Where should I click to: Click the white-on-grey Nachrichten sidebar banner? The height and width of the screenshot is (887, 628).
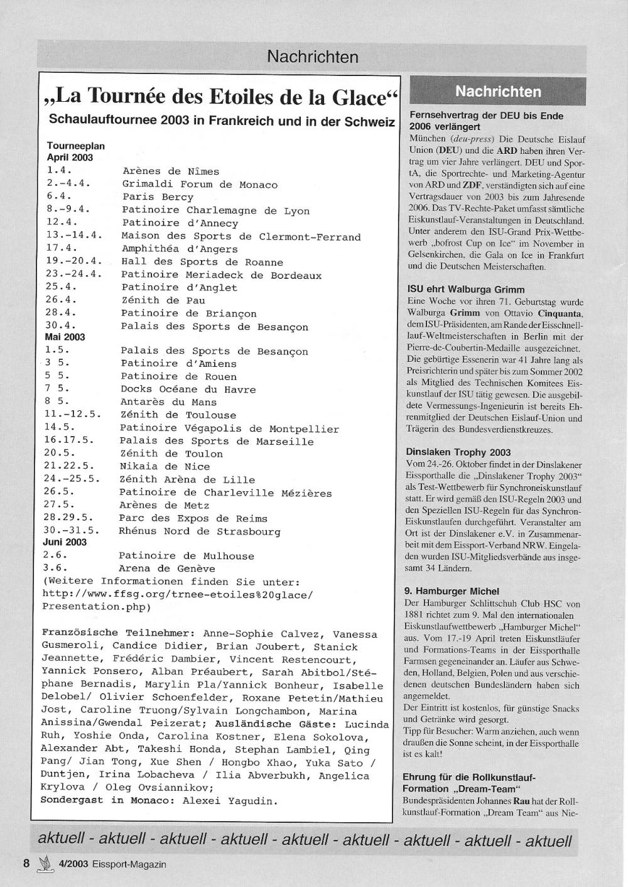(x=497, y=92)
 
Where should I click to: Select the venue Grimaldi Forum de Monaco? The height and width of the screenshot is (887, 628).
(x=200, y=185)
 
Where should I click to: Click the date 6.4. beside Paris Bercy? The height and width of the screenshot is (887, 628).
(x=59, y=197)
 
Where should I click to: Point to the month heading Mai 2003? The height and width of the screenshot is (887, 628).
(x=65, y=337)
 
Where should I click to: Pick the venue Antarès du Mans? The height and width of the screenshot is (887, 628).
(x=168, y=402)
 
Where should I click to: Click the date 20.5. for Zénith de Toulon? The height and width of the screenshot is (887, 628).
(x=60, y=454)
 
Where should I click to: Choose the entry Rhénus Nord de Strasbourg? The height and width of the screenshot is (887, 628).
(x=199, y=531)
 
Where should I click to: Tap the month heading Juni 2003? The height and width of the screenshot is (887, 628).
(x=65, y=542)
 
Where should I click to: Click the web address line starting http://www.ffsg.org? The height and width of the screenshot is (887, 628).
(x=177, y=594)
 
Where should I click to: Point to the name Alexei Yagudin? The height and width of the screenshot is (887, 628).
(x=229, y=801)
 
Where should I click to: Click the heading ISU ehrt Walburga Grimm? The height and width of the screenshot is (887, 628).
(x=465, y=290)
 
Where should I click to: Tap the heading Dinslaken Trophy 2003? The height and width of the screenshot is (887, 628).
(x=458, y=452)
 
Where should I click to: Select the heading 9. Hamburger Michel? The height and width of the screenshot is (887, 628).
(x=452, y=591)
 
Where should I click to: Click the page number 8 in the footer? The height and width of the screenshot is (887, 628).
(x=26, y=864)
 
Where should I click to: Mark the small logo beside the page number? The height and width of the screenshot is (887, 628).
(x=45, y=864)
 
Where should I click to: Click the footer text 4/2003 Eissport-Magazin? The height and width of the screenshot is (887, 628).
(x=112, y=864)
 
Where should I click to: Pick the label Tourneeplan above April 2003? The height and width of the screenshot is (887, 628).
(x=75, y=146)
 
